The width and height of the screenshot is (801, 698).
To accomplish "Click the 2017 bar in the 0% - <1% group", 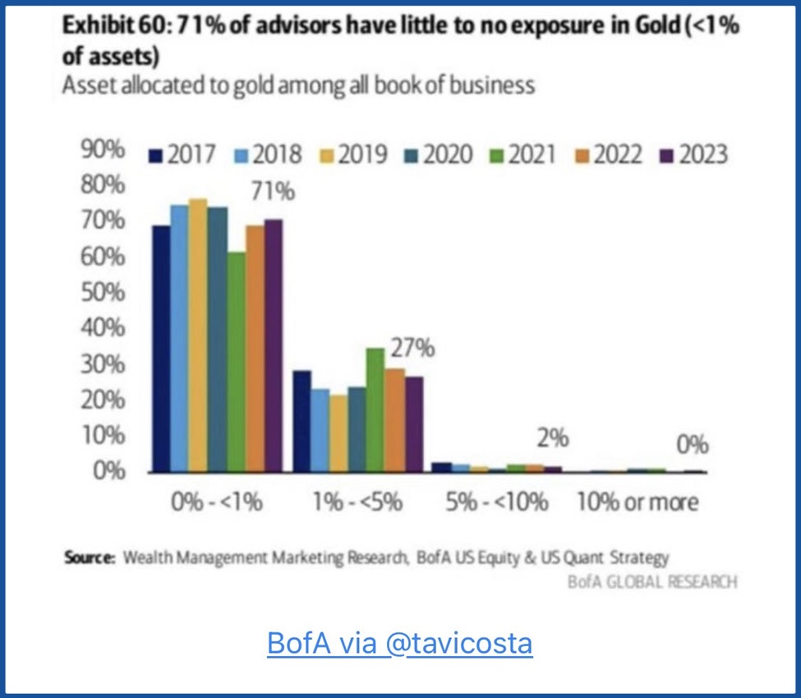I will [161, 349].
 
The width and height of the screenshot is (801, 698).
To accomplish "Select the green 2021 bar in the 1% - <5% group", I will [375, 410].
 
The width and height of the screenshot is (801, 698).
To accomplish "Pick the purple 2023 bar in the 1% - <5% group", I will [413, 424].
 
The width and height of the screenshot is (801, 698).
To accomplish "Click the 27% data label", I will [412, 348].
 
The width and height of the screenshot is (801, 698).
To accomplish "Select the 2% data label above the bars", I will [553, 438].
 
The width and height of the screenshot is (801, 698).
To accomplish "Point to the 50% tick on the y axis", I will [103, 293].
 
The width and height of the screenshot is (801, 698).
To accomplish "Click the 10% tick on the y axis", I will [103, 436].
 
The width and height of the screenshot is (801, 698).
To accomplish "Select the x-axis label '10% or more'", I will [638, 502].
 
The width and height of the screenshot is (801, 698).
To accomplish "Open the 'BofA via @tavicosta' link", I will [400, 643].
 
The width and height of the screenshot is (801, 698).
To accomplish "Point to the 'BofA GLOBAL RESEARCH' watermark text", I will [652, 581].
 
